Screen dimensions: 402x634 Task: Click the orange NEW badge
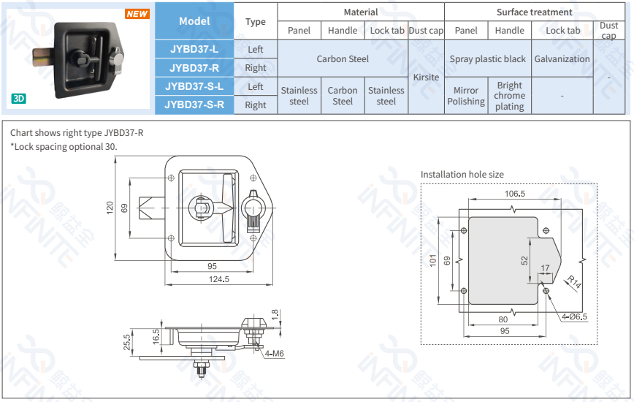click(x=137, y=14)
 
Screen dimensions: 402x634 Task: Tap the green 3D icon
click(x=18, y=99)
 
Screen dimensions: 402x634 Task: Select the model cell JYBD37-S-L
click(x=194, y=86)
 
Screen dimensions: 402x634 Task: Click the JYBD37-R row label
click(x=194, y=68)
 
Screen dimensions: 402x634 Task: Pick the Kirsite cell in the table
click(x=426, y=77)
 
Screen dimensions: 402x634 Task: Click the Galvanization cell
click(x=562, y=58)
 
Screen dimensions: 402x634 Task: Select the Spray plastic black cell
click(x=487, y=58)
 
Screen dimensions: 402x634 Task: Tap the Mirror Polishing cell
click(x=466, y=96)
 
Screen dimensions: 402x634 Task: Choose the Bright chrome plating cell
click(x=509, y=96)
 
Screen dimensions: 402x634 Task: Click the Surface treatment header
click(x=534, y=12)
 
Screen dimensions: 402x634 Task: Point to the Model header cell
click(x=194, y=21)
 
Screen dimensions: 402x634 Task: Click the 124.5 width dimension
click(x=219, y=279)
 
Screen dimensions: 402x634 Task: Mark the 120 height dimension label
click(x=110, y=208)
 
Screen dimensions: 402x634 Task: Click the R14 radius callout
click(x=573, y=282)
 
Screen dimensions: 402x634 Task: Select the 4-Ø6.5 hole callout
click(x=574, y=316)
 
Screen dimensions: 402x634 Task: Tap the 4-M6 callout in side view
click(x=274, y=354)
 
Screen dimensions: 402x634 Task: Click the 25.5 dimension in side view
click(x=127, y=342)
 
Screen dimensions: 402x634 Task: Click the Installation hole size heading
click(x=462, y=174)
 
